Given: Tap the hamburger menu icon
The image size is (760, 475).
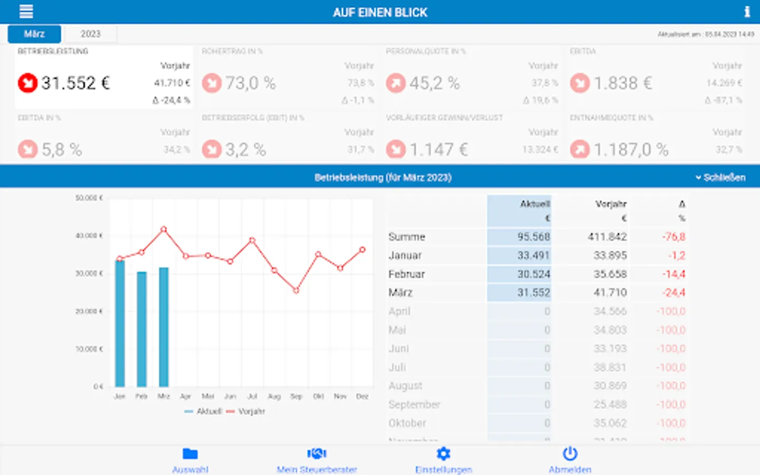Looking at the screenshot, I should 26,12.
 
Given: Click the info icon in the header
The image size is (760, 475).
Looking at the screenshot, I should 747,12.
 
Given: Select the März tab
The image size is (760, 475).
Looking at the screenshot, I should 34,34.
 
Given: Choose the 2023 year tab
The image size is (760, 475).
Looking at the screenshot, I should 90,34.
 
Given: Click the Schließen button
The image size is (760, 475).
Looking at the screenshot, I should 721,177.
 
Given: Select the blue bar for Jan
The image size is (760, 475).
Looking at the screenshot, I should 120,323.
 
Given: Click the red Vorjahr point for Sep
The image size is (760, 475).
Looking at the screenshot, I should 296,291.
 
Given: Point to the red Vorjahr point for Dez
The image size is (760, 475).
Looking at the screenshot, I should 363,250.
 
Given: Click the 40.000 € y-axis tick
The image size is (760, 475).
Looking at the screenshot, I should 89,235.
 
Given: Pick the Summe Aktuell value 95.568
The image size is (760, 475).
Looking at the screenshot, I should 533,237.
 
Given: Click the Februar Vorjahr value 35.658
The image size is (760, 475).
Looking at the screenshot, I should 610,274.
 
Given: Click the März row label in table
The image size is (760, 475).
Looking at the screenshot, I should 401,292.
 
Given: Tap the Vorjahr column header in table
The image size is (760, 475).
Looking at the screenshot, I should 611,204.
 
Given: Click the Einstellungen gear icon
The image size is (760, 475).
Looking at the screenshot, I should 443,454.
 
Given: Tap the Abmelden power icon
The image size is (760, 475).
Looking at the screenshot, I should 570,454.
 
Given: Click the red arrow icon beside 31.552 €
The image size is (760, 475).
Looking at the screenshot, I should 27,83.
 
